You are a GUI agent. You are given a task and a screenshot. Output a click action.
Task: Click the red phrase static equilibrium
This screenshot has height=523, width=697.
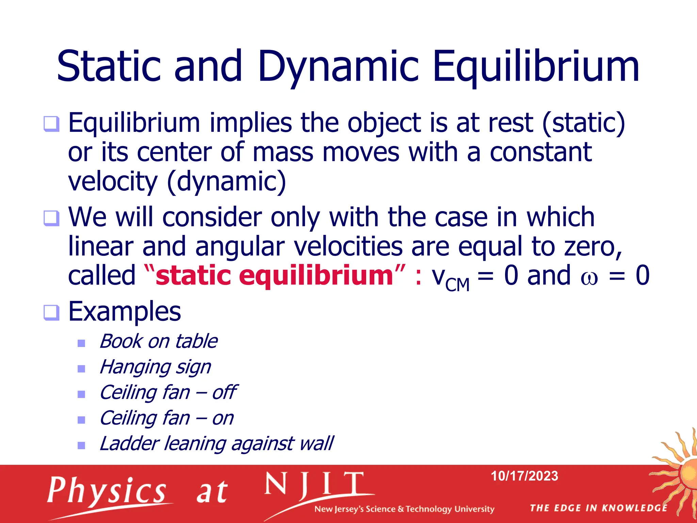click(274, 275)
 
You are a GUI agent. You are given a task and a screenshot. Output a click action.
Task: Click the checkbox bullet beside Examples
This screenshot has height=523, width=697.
click(51, 312)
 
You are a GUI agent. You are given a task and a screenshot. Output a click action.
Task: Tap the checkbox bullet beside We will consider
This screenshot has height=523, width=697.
click(51, 218)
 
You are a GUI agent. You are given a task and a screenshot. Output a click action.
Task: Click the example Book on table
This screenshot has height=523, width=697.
click(158, 341)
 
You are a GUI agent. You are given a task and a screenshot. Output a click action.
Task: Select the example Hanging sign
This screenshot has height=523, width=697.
click(155, 367)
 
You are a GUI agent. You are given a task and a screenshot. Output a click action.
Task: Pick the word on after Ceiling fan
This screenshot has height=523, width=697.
click(223, 418)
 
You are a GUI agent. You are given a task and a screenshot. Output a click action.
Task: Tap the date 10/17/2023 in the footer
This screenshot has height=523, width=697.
click(524, 476)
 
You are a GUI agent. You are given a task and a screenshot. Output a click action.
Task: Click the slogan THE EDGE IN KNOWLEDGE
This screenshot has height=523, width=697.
click(598, 508)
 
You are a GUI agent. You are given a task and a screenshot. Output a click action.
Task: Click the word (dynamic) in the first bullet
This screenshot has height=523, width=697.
click(227, 181)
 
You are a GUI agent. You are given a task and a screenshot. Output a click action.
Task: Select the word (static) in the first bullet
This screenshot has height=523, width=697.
click(583, 123)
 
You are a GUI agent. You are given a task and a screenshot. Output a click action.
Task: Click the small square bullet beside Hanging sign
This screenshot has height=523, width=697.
click(81, 369)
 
